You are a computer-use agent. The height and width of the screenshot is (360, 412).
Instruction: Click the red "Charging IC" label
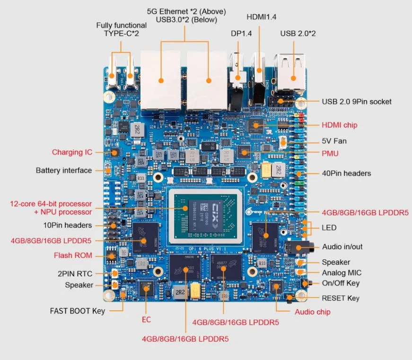72,152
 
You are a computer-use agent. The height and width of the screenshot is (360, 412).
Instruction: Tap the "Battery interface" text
64,170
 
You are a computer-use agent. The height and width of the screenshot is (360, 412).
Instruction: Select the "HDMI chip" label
340,125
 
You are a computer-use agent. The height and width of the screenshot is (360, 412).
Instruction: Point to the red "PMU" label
330,153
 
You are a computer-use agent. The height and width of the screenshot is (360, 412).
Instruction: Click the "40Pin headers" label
346,173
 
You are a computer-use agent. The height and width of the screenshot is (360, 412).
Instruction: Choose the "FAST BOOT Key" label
78,311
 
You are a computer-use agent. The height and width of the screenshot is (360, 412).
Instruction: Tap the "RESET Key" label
341,298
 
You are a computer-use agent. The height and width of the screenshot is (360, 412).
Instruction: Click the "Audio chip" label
313,312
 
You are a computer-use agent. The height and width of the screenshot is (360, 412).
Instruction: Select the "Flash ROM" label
73,255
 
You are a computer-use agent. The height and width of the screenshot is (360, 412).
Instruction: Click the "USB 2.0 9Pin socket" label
357,101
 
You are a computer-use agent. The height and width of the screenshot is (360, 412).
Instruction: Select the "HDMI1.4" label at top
262,17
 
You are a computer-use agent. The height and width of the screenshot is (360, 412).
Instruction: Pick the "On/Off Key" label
341,283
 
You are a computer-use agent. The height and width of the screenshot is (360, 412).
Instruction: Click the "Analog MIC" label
342,273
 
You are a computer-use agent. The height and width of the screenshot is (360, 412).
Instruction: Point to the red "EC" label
146,320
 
